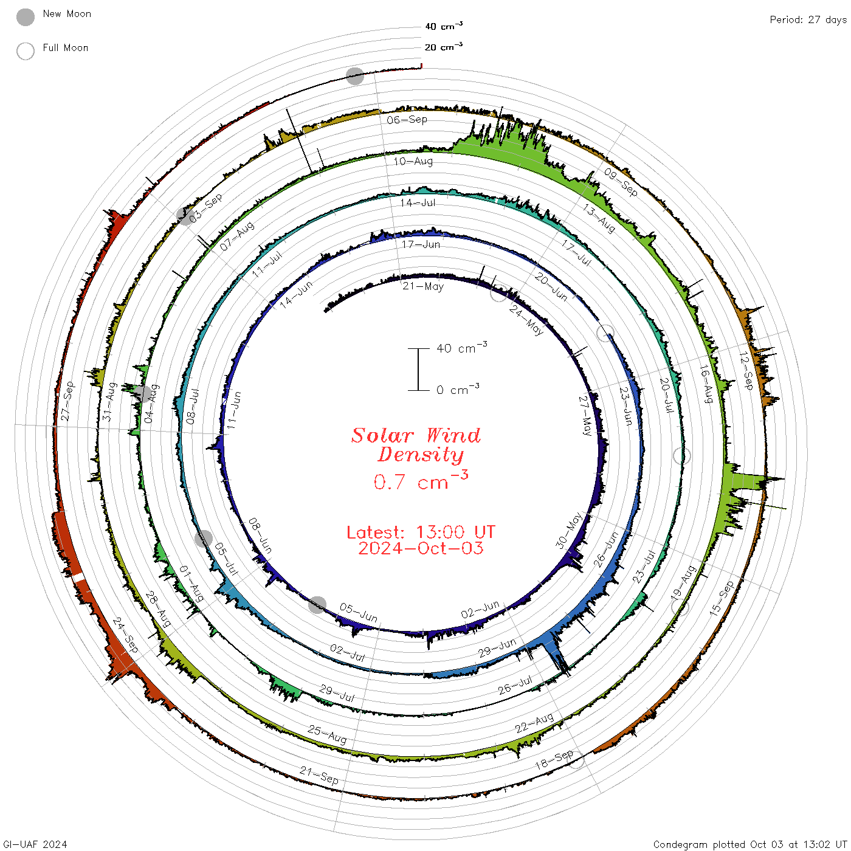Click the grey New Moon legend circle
pos(26,17)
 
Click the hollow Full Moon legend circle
pos(26,51)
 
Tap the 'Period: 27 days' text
pos(808,20)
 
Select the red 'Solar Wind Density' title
pos(416,445)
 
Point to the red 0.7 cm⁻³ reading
pos(421,480)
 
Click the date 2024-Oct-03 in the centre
pos(421,548)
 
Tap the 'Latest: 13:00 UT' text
pos(421,532)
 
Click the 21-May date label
pos(422,286)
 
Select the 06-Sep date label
pos(407,120)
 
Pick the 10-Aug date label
pos(413,161)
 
